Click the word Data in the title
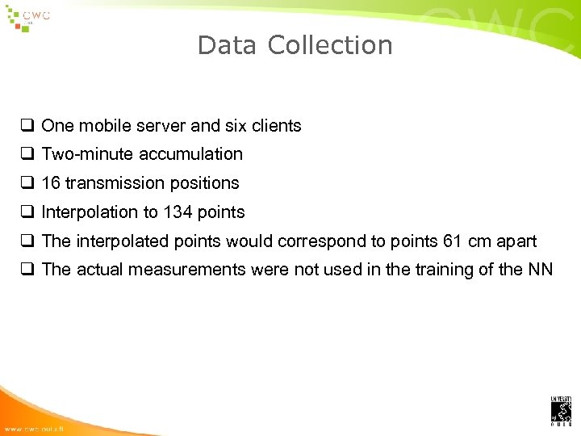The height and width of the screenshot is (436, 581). click(x=227, y=45)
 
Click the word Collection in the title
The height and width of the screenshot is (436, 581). click(x=330, y=45)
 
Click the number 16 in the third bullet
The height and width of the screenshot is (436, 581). click(x=51, y=183)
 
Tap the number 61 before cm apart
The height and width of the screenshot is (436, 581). click(x=454, y=241)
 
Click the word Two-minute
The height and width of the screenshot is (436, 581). click(x=88, y=154)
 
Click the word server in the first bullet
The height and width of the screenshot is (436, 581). click(x=161, y=126)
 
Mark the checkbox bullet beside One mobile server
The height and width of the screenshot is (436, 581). click(x=27, y=126)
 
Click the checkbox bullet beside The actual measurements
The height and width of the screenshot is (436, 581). click(x=27, y=270)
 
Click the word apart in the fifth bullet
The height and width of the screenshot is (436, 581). click(x=517, y=241)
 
